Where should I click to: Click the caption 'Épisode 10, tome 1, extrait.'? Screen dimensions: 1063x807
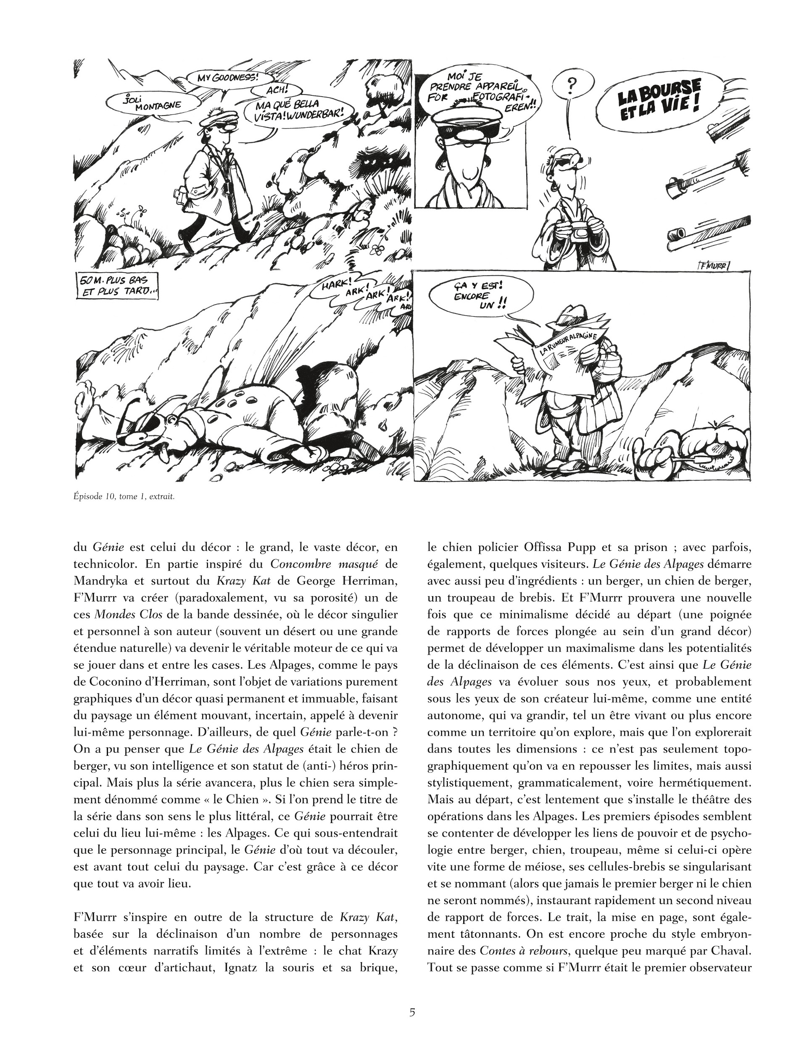124,497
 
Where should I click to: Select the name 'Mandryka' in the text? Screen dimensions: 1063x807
101,581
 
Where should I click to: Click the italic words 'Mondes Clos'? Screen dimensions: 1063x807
122,614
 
